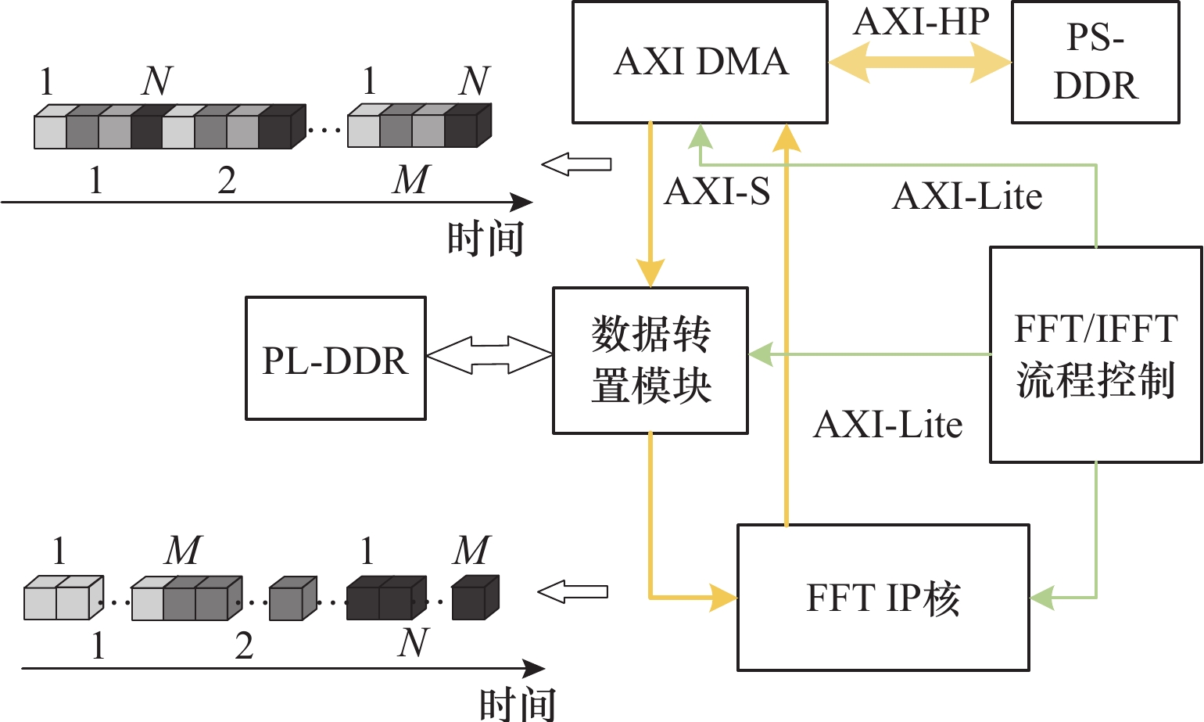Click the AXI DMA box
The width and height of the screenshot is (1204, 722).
pos(700,63)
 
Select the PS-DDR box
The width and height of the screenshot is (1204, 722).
pos(1095,63)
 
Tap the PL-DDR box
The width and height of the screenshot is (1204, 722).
pos(335,358)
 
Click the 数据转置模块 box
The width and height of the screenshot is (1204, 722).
pos(650,361)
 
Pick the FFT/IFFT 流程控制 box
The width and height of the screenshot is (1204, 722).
pos(1095,355)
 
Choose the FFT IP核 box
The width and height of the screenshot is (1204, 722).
pos(883,598)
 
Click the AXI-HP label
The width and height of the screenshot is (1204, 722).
pos(921,21)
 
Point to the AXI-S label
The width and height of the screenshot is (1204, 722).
pos(717,192)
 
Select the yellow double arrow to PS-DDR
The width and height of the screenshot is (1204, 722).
pos(919,62)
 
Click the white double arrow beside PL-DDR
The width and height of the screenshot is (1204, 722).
pos(489,355)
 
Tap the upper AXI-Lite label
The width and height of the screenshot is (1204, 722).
pos(967,196)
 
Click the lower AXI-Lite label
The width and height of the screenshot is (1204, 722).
pos(887,425)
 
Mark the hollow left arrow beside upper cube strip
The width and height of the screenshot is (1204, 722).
pos(576,164)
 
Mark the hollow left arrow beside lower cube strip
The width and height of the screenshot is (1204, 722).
pos(573,592)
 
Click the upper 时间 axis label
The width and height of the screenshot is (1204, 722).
pos(485,239)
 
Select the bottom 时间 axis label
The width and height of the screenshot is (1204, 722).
pos(518,704)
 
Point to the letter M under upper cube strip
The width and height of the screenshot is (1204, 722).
pos(411,180)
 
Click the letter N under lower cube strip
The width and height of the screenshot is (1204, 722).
pos(413,644)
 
